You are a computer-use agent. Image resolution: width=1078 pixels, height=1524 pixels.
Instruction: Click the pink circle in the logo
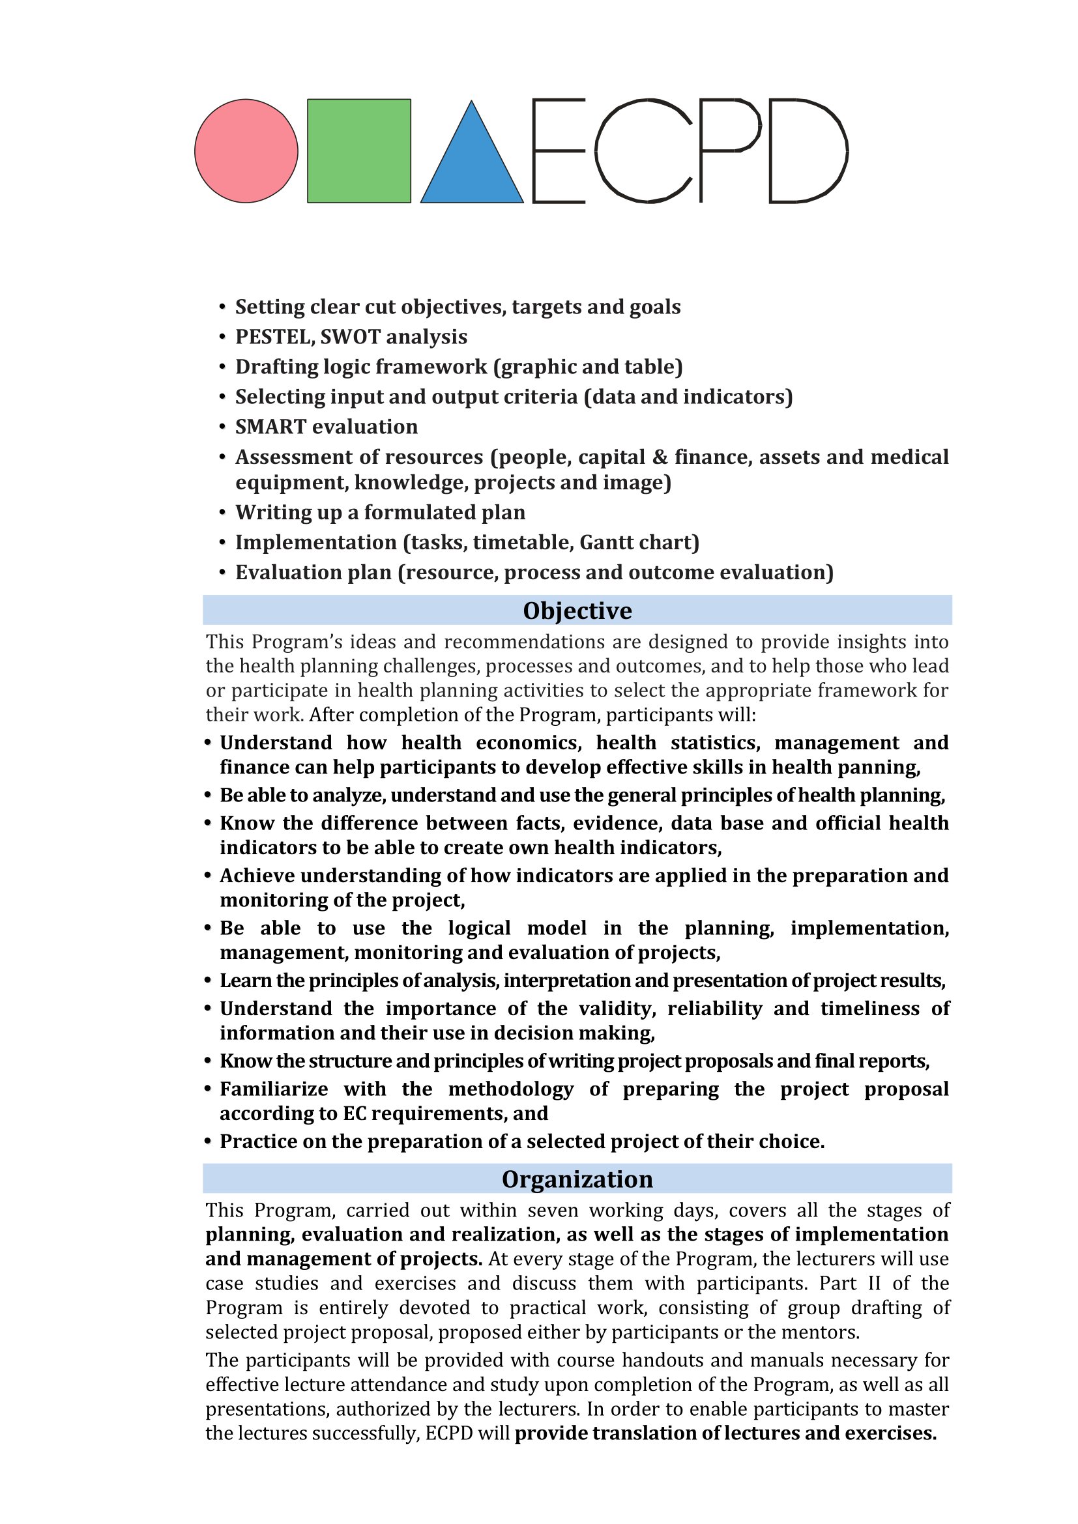(x=246, y=151)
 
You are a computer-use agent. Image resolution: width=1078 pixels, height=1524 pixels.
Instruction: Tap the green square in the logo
(x=359, y=151)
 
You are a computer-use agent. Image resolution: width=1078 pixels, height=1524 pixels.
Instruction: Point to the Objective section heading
(x=577, y=611)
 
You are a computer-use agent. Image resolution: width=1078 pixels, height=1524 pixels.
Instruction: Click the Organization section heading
(x=577, y=1179)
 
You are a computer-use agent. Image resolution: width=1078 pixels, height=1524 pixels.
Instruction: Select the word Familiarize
(x=274, y=1089)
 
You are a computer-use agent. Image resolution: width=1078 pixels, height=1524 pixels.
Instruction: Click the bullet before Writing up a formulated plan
(x=223, y=513)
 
